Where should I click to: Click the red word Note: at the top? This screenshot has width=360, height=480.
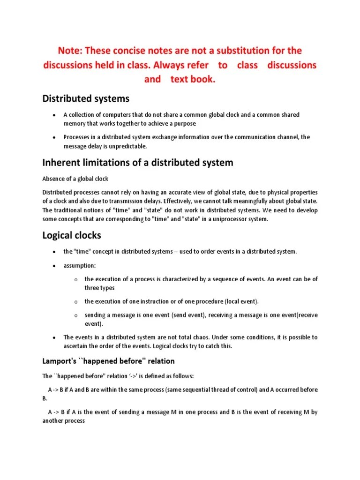pos(70,50)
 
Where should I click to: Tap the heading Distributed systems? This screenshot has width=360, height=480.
pos(86,98)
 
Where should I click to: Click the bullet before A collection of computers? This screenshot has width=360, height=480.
pos(54,115)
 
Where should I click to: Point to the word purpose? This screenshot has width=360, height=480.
pos(183,124)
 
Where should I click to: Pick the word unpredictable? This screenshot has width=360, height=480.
pos(126,146)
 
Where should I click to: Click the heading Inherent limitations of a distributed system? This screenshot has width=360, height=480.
pos(137,163)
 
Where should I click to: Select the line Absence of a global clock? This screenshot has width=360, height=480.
pos(75,179)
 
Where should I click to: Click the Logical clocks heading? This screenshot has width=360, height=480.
pos(72,235)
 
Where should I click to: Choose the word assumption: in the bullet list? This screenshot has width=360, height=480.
pos(80,265)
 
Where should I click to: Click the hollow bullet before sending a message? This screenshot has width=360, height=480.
pos(75,316)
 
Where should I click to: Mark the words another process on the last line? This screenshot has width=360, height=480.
pos(64,421)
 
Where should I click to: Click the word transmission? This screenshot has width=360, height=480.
pos(120,201)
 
